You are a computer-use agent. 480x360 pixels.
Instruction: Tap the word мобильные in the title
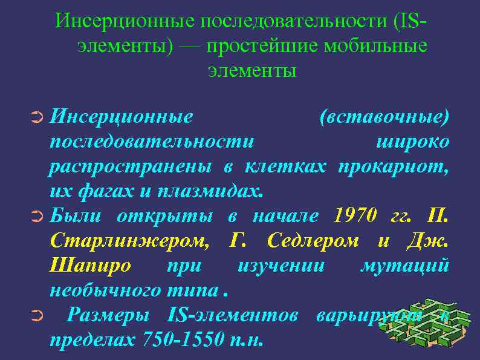point(376,47)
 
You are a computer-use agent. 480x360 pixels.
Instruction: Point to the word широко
point(412,142)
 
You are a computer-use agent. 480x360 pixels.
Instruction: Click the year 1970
point(354,216)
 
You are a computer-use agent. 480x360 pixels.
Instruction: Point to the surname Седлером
point(312,241)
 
